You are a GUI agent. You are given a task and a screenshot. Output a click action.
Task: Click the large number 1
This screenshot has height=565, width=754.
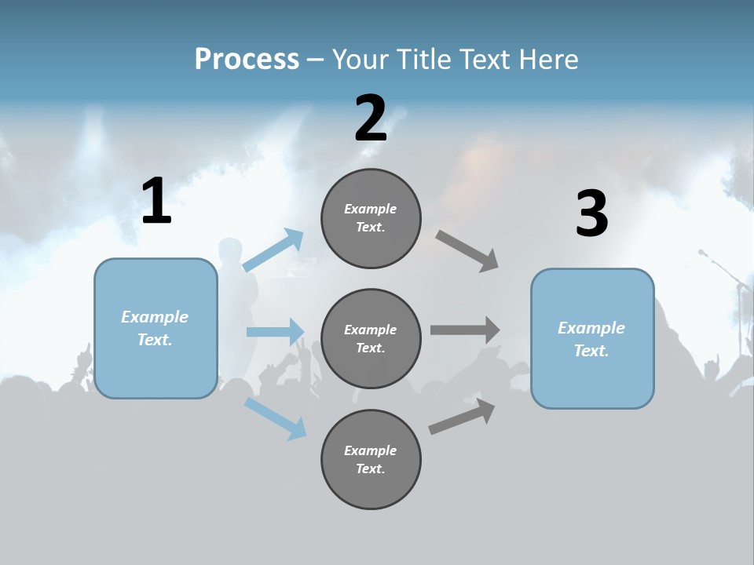[156, 201]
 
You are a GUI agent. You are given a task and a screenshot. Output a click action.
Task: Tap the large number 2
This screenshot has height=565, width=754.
[371, 118]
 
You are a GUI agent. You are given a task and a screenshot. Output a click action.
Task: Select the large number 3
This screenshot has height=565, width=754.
[591, 213]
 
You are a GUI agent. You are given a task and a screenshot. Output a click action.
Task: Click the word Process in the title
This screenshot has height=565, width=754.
[247, 59]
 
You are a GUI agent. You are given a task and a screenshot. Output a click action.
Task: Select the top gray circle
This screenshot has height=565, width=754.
[371, 218]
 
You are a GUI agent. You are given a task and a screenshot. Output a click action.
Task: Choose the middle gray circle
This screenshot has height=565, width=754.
[371, 339]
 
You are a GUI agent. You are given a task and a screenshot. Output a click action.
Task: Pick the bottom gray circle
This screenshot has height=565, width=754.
[371, 460]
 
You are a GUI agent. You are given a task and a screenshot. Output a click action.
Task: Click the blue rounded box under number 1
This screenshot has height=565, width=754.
[156, 328]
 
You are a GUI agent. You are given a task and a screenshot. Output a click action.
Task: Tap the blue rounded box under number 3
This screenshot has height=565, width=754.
[592, 339]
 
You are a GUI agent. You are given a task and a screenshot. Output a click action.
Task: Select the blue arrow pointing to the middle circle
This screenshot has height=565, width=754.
[276, 331]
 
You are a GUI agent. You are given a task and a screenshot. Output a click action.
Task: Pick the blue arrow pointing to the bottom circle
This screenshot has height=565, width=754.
[276, 418]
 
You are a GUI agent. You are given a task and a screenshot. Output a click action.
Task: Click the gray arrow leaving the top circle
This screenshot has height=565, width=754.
[467, 251]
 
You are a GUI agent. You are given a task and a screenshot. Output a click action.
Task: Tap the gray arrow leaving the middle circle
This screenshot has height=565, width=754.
[465, 330]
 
